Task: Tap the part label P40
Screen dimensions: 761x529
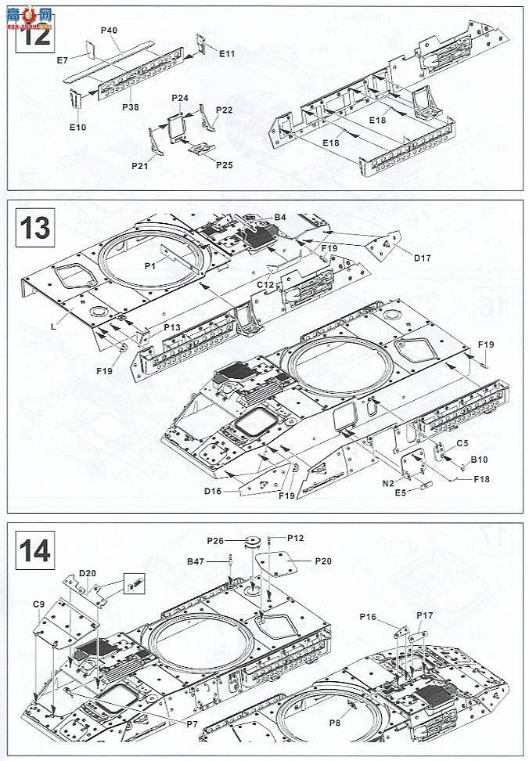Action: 109,30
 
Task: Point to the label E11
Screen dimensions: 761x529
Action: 227,53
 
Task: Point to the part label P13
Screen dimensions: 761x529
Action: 172,327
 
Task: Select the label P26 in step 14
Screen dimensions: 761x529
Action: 216,540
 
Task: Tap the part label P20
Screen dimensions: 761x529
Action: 324,561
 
